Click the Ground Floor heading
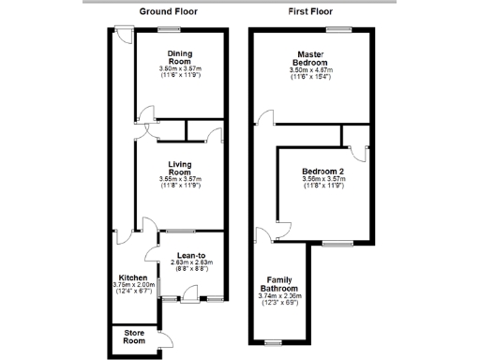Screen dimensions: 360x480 (x=169, y=11)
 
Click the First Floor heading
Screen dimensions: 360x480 (x=312, y=11)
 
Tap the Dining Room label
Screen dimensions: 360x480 (x=180, y=58)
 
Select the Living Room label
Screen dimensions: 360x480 (x=180, y=170)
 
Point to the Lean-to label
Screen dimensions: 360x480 (x=191, y=255)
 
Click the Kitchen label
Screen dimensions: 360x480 (x=132, y=278)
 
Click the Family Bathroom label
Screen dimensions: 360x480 (x=278, y=285)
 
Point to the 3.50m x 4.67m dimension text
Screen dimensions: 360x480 (x=311, y=70)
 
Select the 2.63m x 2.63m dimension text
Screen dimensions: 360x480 (x=191, y=262)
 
